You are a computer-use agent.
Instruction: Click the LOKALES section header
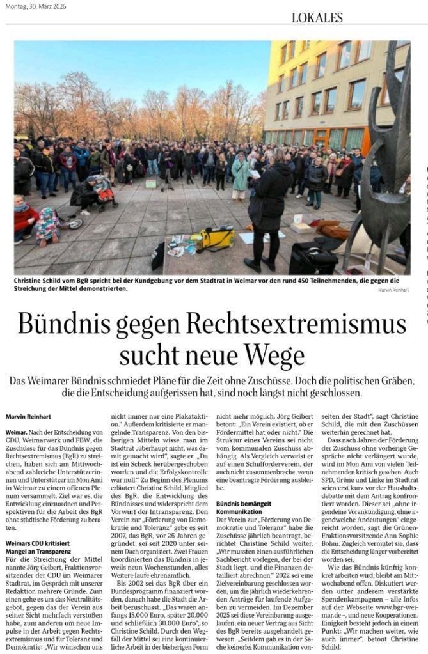click(x=317, y=17)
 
